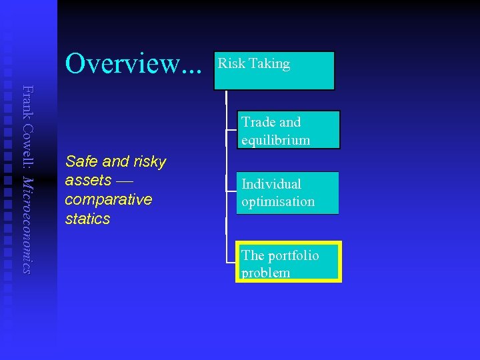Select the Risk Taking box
tap(274, 71)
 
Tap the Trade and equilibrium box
tap(288, 130)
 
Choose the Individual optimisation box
tap(287, 193)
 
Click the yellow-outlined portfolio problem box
tap(288, 262)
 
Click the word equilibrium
tap(275, 140)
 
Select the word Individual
tap(271, 184)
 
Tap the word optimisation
tap(278, 201)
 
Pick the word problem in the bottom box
tap(266, 273)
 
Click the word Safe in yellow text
tap(79, 161)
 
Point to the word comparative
tap(109, 199)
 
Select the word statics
tap(87, 219)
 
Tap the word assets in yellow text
tap(88, 181)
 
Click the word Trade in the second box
tap(258, 122)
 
